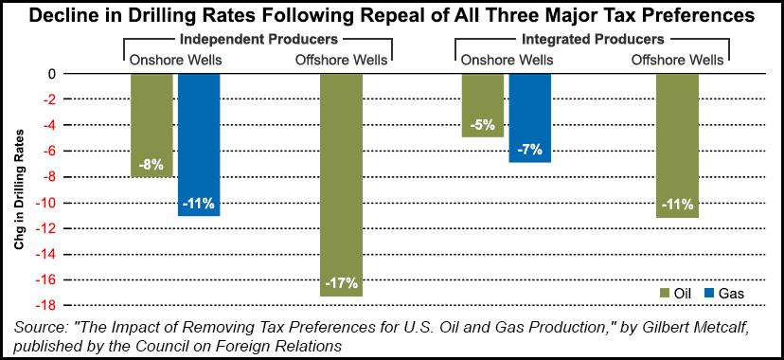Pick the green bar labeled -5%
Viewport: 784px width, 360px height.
pos(483,105)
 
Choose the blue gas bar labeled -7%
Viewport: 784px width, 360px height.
pos(530,118)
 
